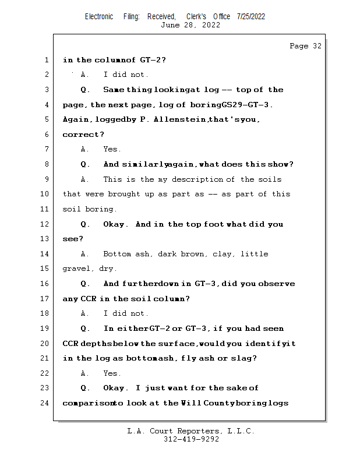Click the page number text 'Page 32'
click(x=305, y=46)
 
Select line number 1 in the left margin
click(x=46, y=60)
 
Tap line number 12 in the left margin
click(x=45, y=224)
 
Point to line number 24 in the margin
click(x=45, y=403)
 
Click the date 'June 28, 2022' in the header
click(x=190, y=25)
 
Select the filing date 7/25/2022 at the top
click(x=251, y=16)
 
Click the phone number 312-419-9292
click(x=191, y=440)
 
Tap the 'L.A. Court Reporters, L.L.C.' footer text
click(x=190, y=431)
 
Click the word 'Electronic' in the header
click(x=99, y=16)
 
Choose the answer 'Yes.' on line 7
click(x=112, y=150)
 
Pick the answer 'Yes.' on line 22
click(x=112, y=373)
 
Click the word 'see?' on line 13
click(x=73, y=239)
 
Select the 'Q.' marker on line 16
click(x=86, y=284)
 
